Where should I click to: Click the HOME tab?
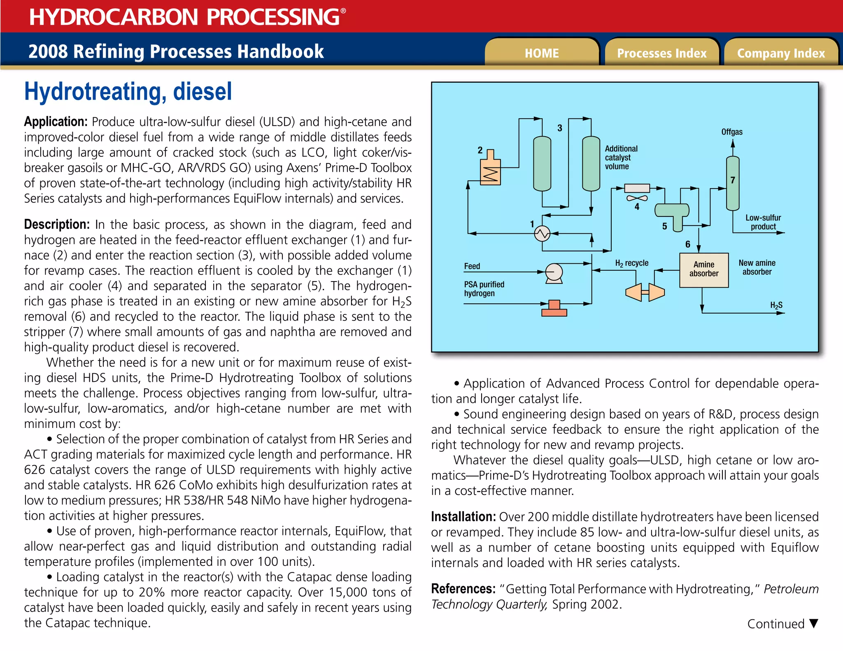(x=542, y=53)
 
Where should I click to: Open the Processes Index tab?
(x=661, y=53)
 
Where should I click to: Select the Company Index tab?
(x=781, y=53)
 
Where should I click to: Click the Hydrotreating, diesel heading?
(x=128, y=91)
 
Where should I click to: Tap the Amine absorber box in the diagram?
(x=703, y=270)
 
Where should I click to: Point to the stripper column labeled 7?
(x=732, y=183)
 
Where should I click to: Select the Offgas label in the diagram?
(x=731, y=132)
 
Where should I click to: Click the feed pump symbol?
(x=554, y=272)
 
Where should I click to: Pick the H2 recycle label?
(x=631, y=263)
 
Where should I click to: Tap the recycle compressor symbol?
(x=645, y=292)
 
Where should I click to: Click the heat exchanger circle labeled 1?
(x=542, y=234)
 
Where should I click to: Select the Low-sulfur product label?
(x=763, y=222)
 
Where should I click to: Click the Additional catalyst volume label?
(x=621, y=158)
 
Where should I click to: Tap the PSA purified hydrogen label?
(x=484, y=289)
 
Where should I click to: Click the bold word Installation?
(x=463, y=517)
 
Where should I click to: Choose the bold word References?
(x=463, y=589)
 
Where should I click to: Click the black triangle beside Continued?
(x=813, y=623)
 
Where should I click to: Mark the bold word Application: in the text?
(x=56, y=122)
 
